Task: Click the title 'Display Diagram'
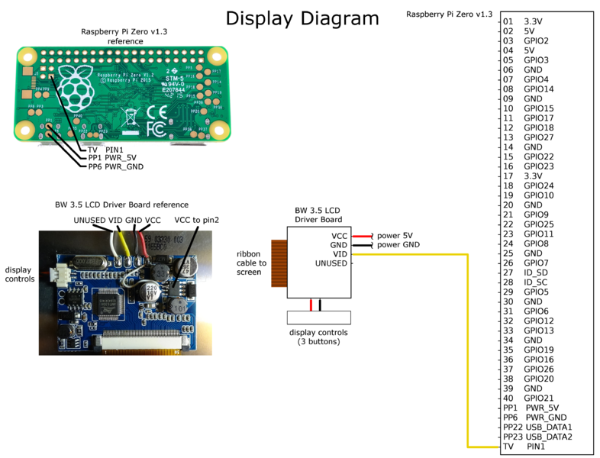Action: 302,18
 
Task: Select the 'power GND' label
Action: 398,245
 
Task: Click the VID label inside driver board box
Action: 340,254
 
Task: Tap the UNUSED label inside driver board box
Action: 331,263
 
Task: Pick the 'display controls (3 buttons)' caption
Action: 318,337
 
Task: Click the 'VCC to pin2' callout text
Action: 196,220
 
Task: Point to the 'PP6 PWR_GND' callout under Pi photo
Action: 115,166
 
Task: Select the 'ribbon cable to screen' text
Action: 252,263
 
